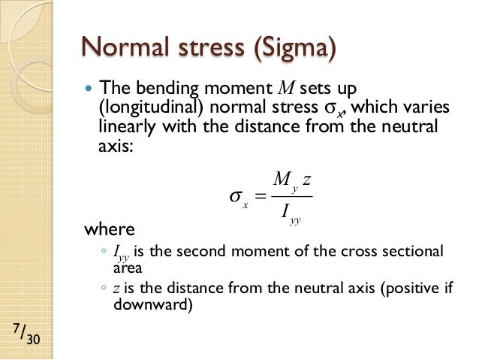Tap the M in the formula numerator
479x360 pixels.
point(282,180)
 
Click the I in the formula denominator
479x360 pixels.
point(285,214)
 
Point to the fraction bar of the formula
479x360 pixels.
point(292,197)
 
